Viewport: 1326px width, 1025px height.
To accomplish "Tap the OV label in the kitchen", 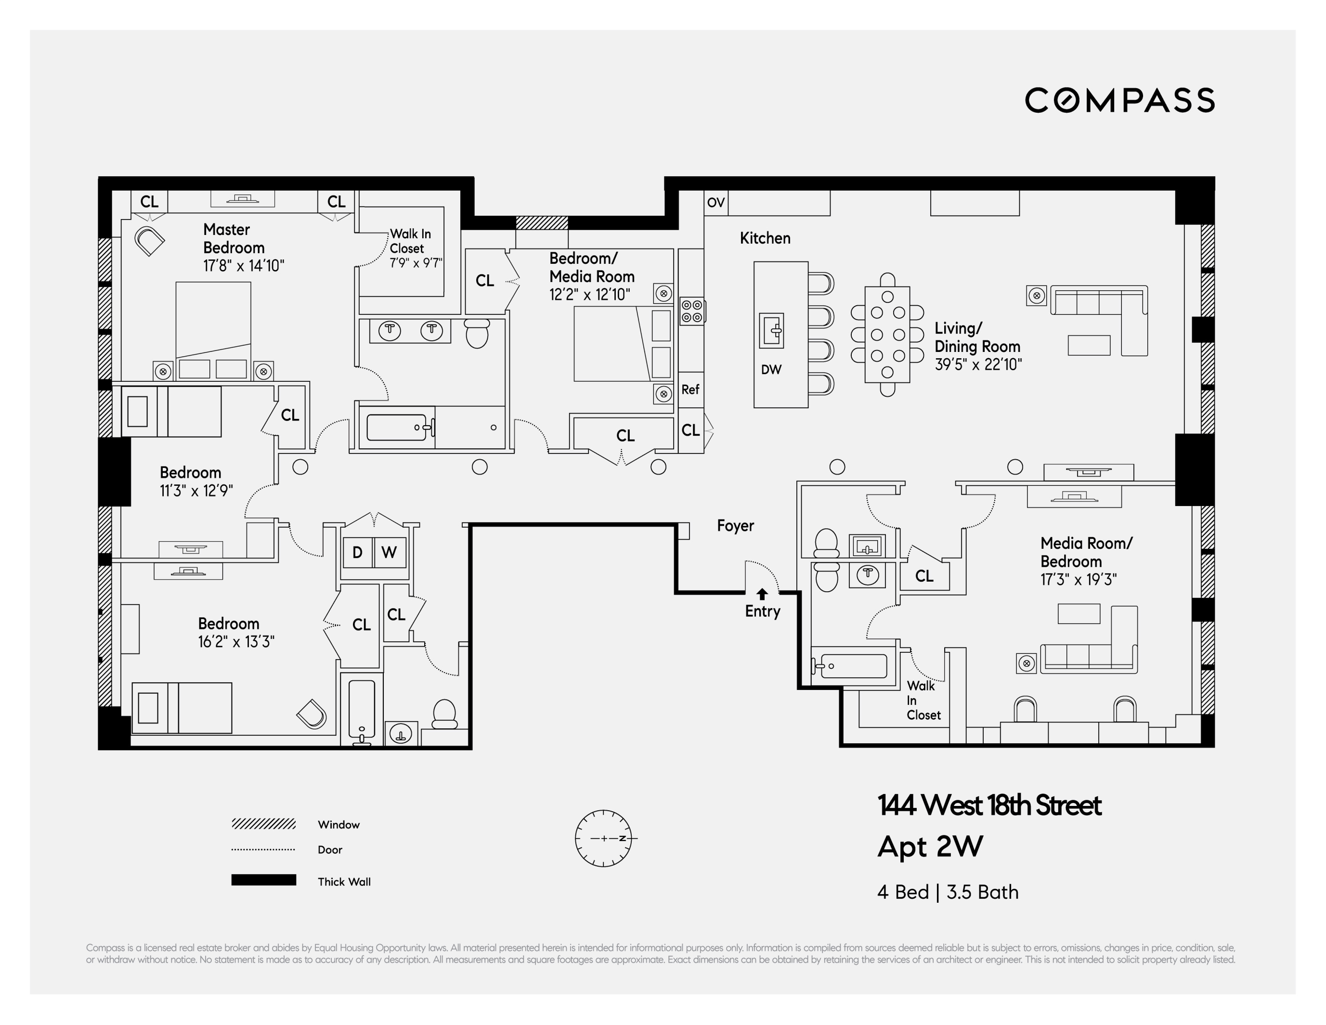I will (716, 203).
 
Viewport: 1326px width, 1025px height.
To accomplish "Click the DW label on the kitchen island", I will (771, 369).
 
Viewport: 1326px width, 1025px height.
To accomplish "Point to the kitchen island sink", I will (772, 330).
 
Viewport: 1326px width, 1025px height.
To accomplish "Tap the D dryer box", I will (358, 552).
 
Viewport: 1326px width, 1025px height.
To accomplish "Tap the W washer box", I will (389, 552).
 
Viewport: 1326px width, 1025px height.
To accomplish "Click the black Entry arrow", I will (762, 594).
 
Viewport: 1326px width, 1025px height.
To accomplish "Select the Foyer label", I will (735, 526).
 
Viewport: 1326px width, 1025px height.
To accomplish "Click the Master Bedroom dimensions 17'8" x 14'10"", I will (244, 266).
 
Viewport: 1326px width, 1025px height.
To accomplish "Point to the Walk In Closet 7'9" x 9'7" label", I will (416, 248).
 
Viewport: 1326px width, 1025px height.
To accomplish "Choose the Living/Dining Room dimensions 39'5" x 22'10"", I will (978, 364).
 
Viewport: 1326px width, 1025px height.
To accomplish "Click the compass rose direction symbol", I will (603, 838).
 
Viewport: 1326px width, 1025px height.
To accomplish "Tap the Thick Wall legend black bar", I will (263, 880).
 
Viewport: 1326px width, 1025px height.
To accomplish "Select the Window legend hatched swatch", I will (263, 824).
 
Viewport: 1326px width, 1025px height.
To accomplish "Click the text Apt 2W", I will (930, 846).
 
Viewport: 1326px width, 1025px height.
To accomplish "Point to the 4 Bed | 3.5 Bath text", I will (948, 892).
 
